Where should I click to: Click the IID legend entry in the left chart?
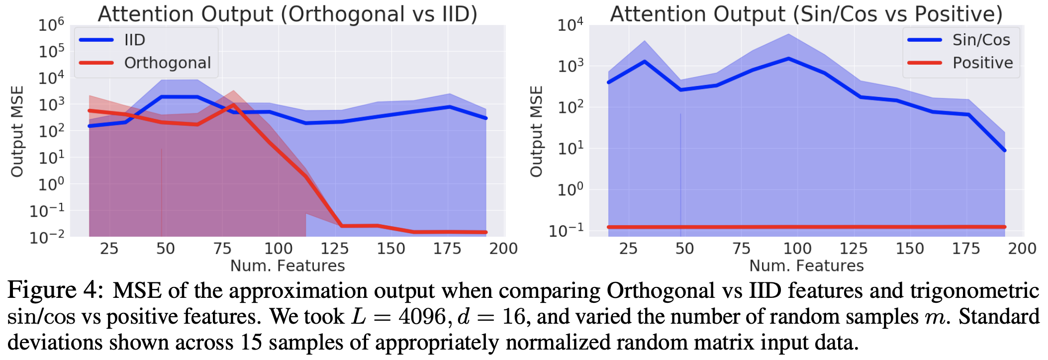pyautogui.click(x=134, y=40)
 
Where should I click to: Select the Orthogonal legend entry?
pyautogui.click(x=167, y=63)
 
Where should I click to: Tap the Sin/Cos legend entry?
pyautogui.click(x=980, y=40)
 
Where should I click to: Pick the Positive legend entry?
pyautogui.click(x=982, y=63)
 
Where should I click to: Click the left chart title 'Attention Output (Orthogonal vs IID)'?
pyautogui.click(x=287, y=14)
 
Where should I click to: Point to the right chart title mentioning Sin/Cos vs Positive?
pyautogui.click(x=806, y=14)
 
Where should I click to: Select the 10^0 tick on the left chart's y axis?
pyautogui.click(x=52, y=184)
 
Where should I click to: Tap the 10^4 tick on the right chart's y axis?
pyautogui.click(x=570, y=24)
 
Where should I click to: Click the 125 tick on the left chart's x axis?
pyautogui.click(x=335, y=249)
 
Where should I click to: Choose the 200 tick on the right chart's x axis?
pyautogui.click(x=1022, y=249)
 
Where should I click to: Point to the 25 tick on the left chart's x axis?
pyautogui.click(x=109, y=249)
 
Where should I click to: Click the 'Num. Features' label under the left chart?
pyautogui.click(x=287, y=266)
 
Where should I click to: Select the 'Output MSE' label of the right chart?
pyautogui.click(x=536, y=131)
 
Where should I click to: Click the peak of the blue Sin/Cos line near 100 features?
pyautogui.click(x=788, y=59)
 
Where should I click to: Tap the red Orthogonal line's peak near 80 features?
pyautogui.click(x=233, y=104)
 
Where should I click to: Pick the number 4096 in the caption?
pyautogui.click(x=422, y=317)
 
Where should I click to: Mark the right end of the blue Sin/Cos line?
pyautogui.click(x=1005, y=150)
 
